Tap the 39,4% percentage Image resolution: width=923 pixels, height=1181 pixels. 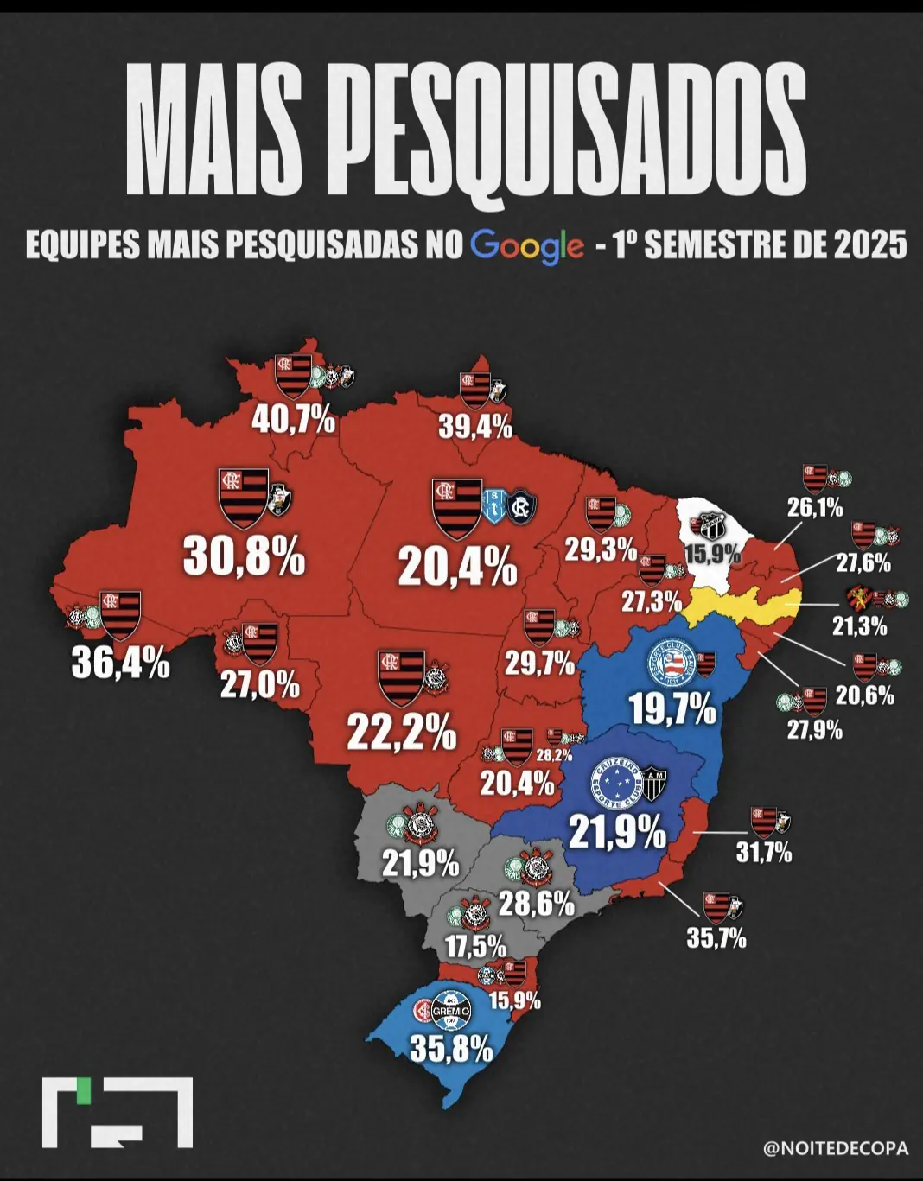(x=475, y=426)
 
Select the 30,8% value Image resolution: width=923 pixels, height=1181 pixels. (x=245, y=558)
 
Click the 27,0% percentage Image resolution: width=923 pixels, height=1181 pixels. (x=259, y=685)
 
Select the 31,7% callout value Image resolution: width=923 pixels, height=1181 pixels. (x=763, y=853)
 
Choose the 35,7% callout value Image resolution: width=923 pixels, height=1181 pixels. (x=716, y=937)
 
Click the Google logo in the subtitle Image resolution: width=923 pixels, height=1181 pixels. (x=527, y=246)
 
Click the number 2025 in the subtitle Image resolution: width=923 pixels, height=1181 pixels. (x=870, y=246)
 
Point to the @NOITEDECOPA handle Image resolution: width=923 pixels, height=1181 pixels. (x=836, y=1149)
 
